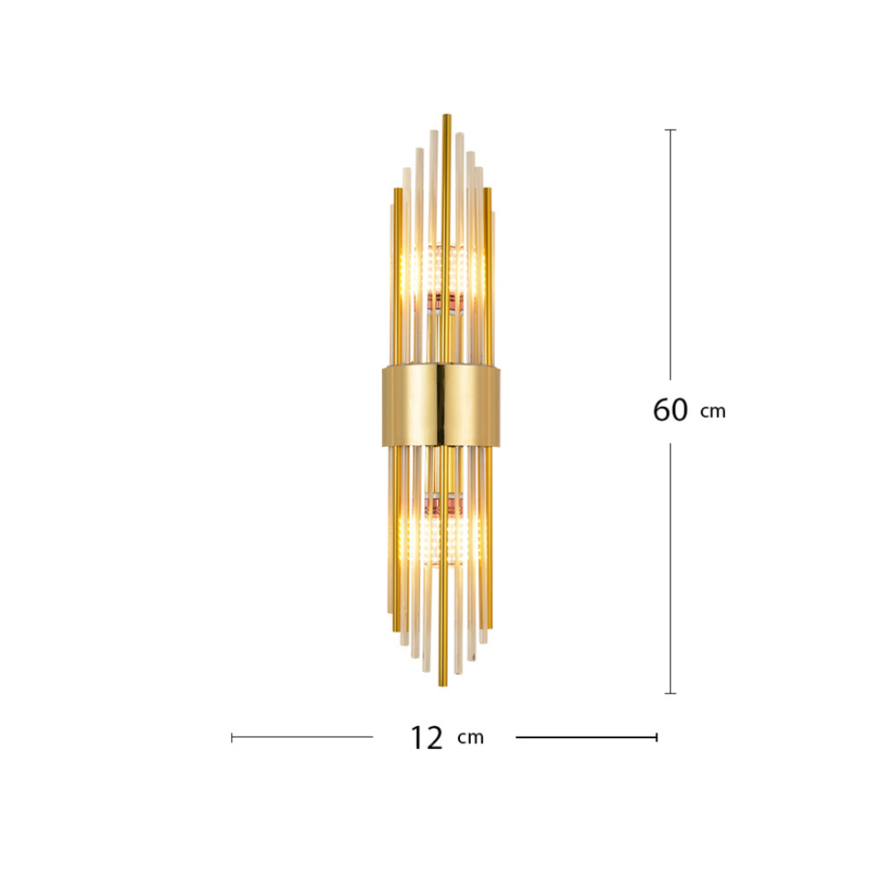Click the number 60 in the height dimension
(670, 410)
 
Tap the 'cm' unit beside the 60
(713, 412)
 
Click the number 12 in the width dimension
(426, 737)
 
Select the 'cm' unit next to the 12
(471, 737)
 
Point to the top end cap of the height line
(670, 130)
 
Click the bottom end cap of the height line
(670, 693)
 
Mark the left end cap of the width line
(232, 737)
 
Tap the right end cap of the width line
(656, 737)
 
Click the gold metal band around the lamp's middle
(441, 406)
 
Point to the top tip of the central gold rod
(447, 115)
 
